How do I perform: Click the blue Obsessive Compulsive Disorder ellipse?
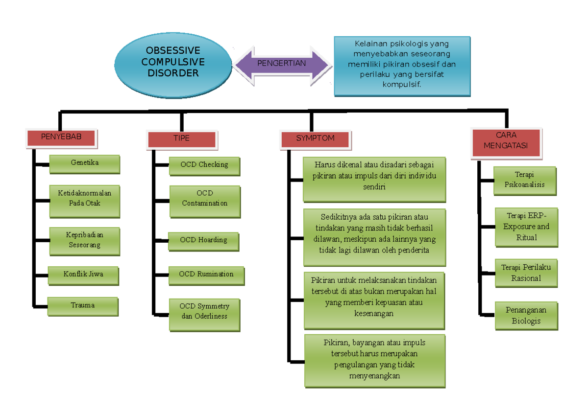[x=173, y=62]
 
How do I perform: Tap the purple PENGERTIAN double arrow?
[x=282, y=63]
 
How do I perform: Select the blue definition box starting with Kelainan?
[x=402, y=65]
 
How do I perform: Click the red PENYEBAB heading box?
[x=61, y=138]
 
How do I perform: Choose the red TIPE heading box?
[x=181, y=139]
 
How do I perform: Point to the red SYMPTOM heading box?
[x=315, y=138]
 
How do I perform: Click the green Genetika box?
[x=85, y=163]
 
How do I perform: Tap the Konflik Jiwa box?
[x=83, y=275]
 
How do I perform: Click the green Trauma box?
[x=83, y=305]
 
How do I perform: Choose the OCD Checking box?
[x=204, y=165]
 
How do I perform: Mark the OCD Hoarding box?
[x=203, y=240]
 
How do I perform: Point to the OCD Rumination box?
[x=206, y=275]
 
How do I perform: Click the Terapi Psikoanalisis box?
[x=524, y=180]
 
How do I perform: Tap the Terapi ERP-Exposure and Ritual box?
[x=526, y=227]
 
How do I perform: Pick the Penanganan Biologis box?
[x=526, y=316]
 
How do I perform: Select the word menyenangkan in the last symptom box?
[x=374, y=376]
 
